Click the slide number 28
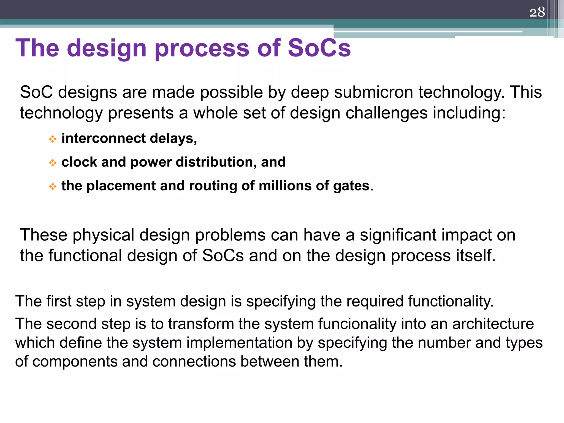pos(537,12)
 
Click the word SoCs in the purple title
pos(319,48)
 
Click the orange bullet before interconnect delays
pos(52,139)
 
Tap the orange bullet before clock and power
pos(52,163)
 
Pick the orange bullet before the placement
pos(52,186)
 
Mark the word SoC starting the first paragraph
pos(36,92)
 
